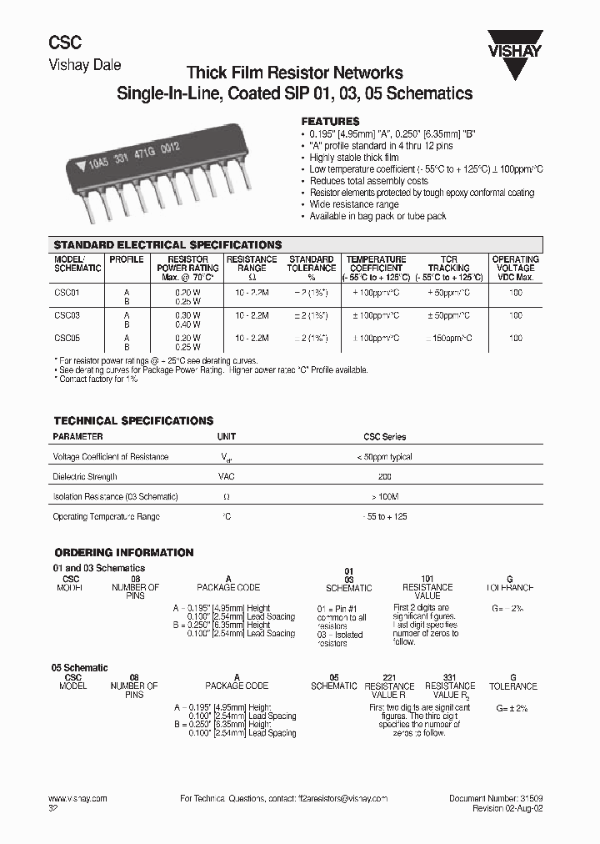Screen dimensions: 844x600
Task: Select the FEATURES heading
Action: click(330, 121)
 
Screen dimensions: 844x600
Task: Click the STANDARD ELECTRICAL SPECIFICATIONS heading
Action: click(167, 245)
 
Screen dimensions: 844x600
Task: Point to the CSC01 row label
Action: click(67, 293)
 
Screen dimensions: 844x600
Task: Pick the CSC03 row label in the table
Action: click(67, 316)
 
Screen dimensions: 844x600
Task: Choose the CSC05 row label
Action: click(67, 339)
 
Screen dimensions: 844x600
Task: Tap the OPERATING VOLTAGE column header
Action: click(515, 268)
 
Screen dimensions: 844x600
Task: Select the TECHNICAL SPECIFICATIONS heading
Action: click(133, 421)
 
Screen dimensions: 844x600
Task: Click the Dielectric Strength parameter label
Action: click(85, 477)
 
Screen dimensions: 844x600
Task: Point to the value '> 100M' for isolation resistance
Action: click(384, 496)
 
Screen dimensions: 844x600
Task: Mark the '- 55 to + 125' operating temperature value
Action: click(384, 517)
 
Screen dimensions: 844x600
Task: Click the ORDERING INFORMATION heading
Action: click(123, 553)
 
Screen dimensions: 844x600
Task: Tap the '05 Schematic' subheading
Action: click(80, 668)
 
